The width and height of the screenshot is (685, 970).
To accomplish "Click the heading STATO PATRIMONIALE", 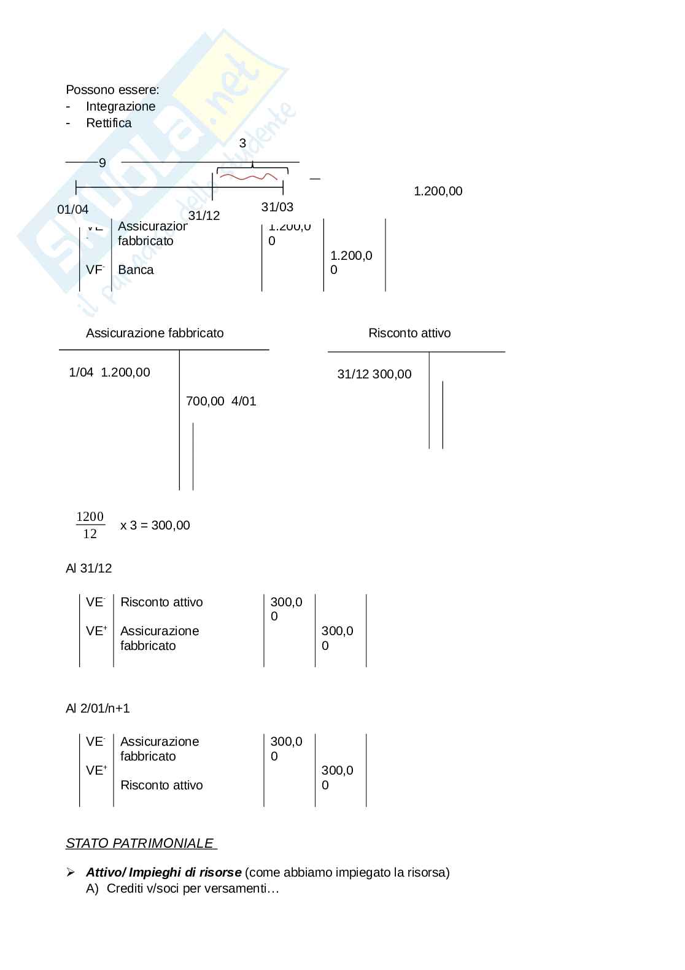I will tap(141, 843).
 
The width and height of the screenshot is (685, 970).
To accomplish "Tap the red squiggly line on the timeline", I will tap(249, 178).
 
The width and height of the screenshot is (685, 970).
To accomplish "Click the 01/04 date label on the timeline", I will tap(72, 209).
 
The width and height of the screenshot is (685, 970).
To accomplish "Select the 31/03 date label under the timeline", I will tap(277, 207).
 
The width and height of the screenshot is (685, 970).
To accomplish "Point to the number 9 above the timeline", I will tap(103, 163).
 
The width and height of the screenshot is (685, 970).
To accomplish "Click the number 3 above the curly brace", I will tap(242, 143).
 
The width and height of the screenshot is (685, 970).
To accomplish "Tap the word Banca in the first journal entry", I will tap(136, 270).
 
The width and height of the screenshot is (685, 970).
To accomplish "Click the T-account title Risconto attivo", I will tap(409, 333).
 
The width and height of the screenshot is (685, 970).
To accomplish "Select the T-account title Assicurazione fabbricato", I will tap(155, 333).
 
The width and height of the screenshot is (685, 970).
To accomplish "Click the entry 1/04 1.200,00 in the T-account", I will tap(109, 372).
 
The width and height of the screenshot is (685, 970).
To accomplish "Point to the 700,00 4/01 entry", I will tap(221, 401).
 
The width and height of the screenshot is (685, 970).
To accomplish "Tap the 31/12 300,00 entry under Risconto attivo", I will tap(374, 374).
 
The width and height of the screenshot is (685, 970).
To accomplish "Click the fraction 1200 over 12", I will tap(90, 525).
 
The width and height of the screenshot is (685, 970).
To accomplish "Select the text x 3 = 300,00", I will tap(155, 525).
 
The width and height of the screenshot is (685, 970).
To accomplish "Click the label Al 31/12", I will tap(89, 568).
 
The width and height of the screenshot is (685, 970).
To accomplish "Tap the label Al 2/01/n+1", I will tap(98, 708).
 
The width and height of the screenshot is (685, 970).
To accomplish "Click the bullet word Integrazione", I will tap(120, 106).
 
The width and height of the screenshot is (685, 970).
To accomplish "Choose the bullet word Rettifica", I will tap(109, 123).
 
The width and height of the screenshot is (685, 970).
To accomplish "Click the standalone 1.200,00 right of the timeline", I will tap(438, 191).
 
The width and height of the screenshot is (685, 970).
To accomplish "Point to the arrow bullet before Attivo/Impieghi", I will tap(71, 872).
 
